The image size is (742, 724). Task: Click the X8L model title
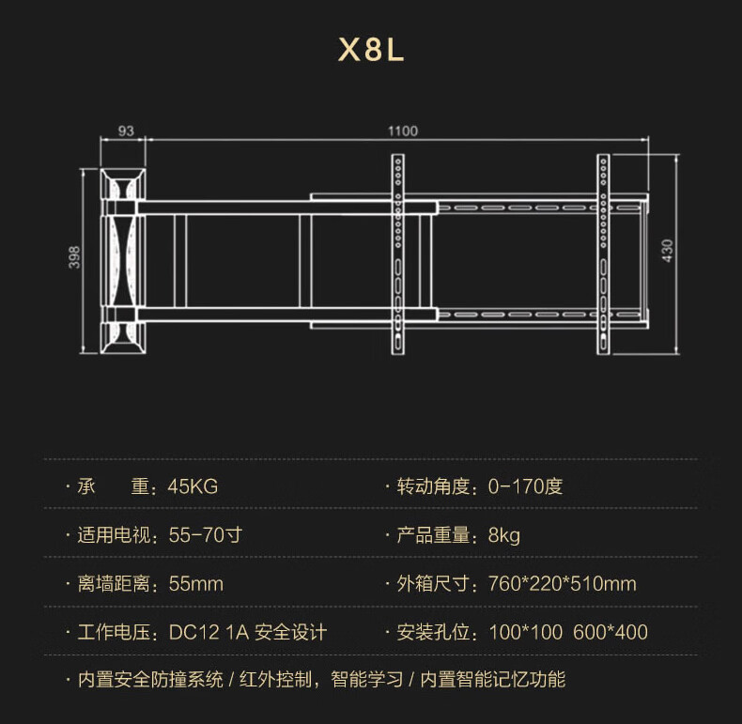[x=371, y=50]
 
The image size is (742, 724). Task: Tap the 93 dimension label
[x=126, y=131]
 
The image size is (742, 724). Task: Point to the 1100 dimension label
[x=402, y=131]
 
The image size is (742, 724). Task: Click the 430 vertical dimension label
[x=668, y=252]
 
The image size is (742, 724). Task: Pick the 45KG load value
[x=193, y=486]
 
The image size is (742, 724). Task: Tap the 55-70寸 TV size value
[x=206, y=535]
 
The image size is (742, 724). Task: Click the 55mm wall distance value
[x=195, y=584]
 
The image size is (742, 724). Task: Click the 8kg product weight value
[x=504, y=535]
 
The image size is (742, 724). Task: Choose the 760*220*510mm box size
[x=563, y=584]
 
